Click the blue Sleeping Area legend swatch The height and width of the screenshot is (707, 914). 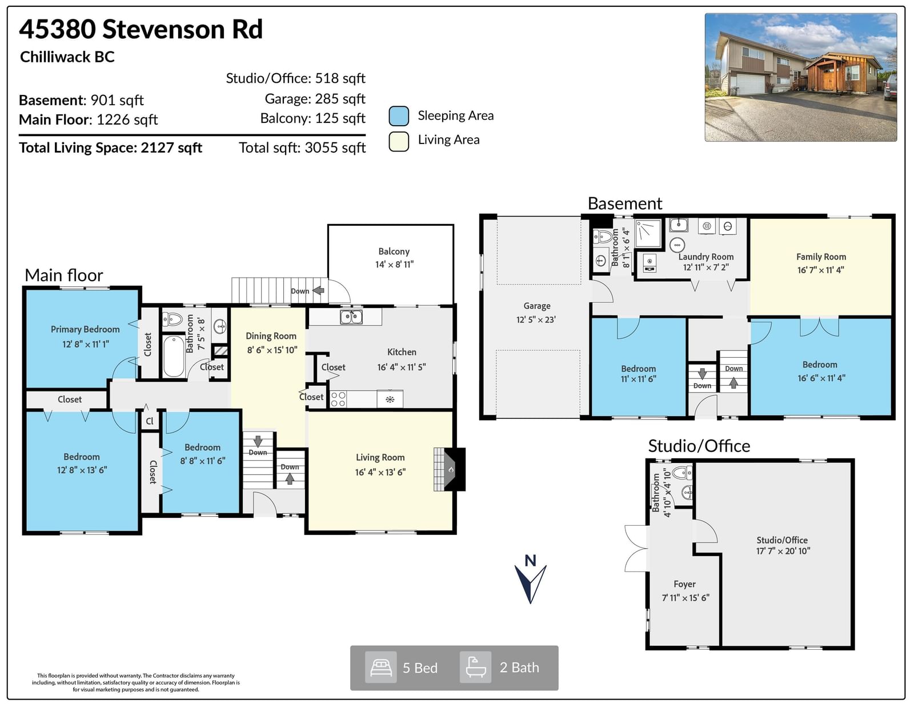(398, 116)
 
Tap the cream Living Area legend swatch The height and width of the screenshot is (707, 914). (398, 141)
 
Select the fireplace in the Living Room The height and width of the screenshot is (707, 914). (450, 469)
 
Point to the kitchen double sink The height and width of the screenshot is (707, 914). (351, 317)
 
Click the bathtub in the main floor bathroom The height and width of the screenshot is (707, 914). (174, 356)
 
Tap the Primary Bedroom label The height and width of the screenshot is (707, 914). (85, 329)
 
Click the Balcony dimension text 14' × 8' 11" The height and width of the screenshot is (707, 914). (395, 264)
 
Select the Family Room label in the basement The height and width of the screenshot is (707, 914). (821, 257)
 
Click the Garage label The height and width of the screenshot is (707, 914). (537, 306)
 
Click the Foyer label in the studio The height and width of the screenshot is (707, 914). (684, 584)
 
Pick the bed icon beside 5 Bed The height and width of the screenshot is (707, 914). (380, 668)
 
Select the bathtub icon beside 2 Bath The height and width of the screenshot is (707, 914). (476, 667)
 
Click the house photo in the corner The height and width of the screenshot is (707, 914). (801, 77)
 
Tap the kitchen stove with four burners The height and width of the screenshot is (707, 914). (339, 399)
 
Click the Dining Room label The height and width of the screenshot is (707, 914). (271, 336)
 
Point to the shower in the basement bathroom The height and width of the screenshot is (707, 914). (648, 233)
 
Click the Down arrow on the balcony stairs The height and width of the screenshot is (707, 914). (318, 290)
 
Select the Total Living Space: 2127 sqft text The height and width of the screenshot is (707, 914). (111, 147)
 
